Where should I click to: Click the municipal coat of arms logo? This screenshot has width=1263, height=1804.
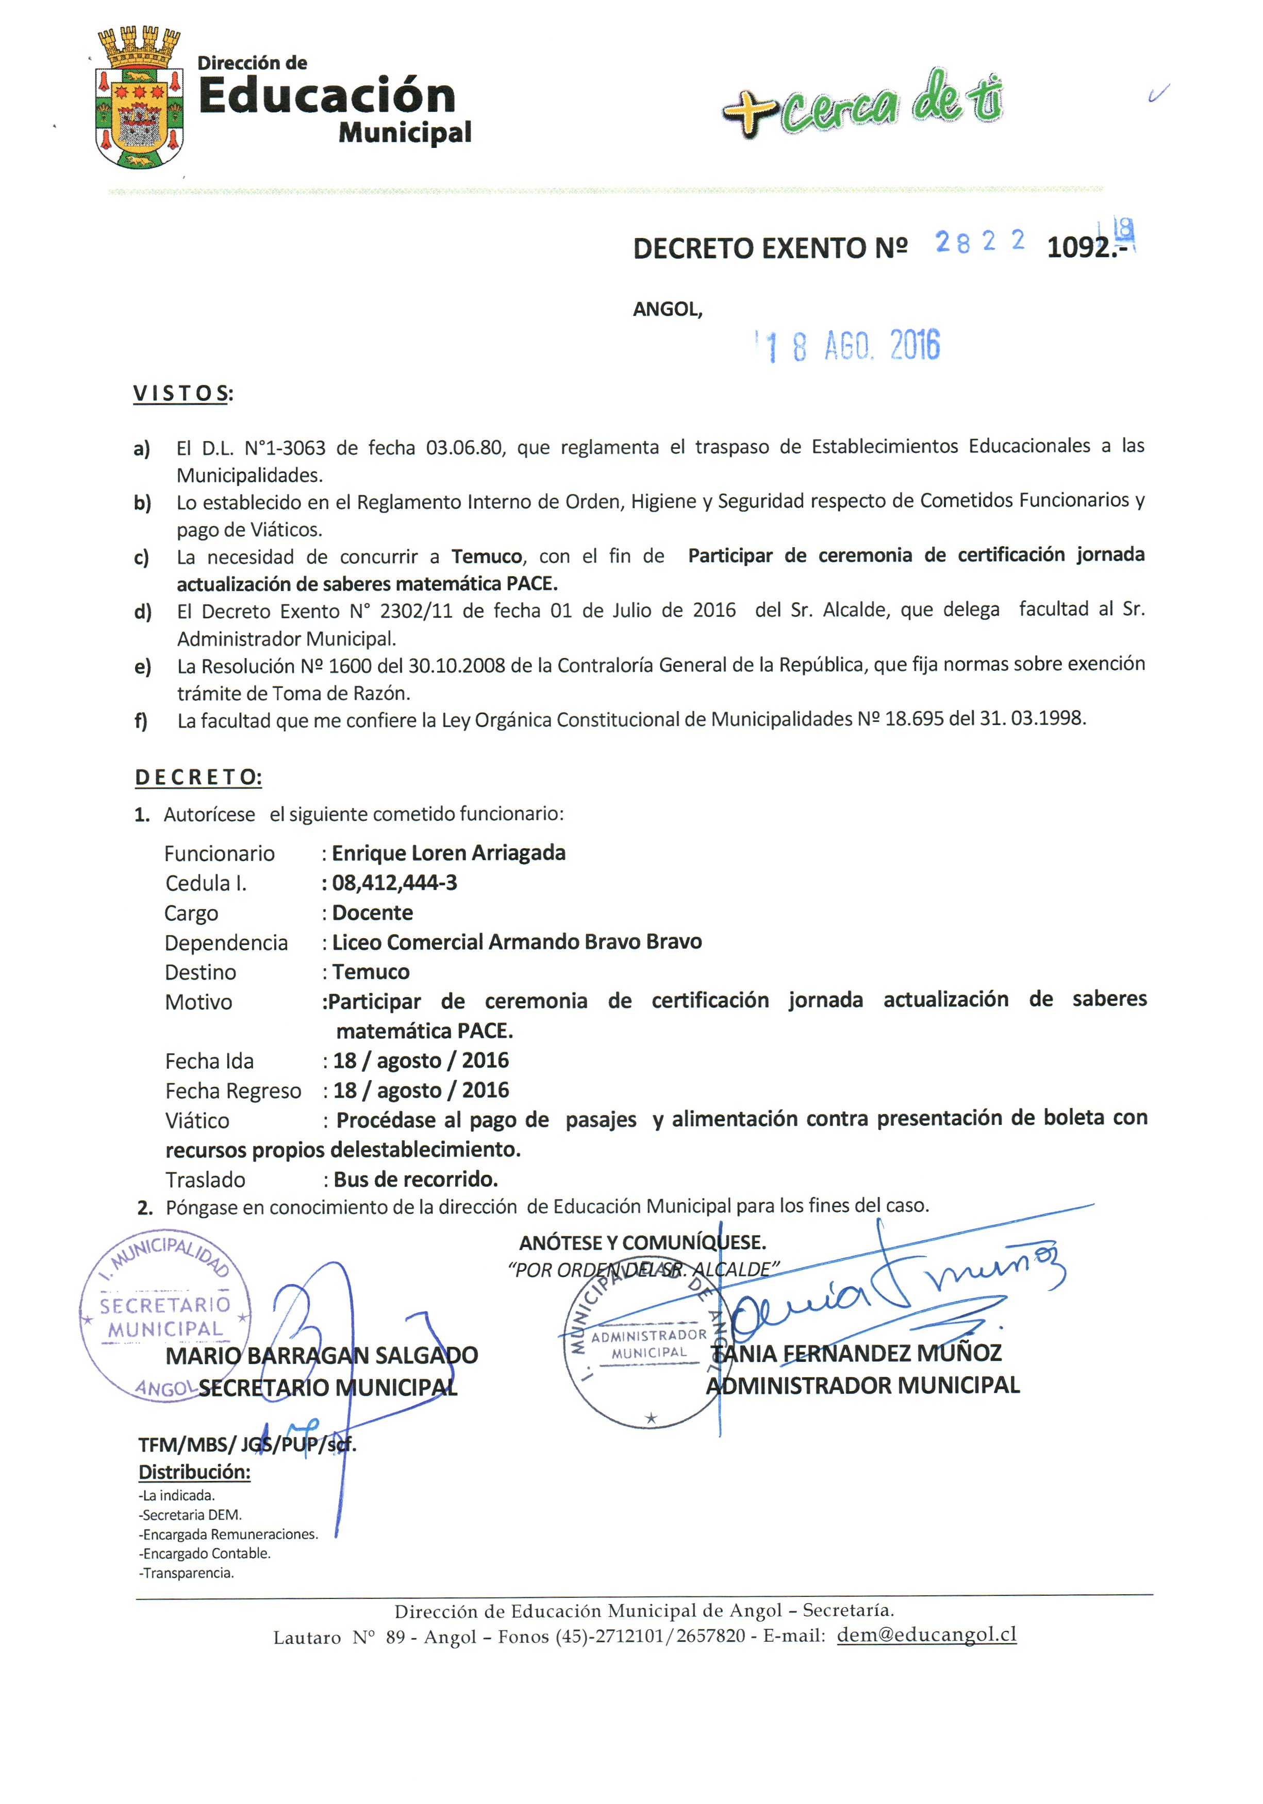coord(138,98)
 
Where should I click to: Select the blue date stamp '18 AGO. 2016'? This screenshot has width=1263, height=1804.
coord(849,346)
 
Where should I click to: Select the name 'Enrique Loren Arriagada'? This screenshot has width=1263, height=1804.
coord(448,853)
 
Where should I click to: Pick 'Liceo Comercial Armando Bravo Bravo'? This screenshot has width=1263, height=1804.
coord(517,942)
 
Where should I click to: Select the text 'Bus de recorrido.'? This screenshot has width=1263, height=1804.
coord(415,1179)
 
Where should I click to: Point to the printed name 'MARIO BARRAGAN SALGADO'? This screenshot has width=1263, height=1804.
coord(322,1355)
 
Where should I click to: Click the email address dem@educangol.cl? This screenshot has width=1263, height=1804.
coord(926,1634)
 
